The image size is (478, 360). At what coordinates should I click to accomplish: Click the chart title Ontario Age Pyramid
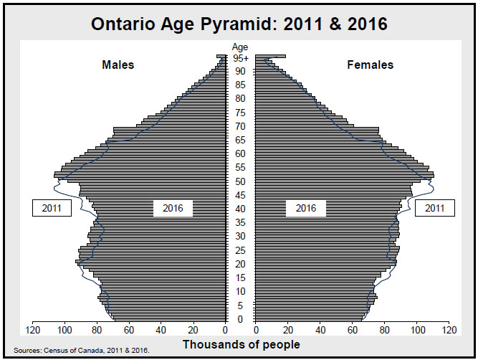239,24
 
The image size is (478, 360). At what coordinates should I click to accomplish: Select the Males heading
118,65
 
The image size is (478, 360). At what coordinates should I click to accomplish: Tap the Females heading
371,65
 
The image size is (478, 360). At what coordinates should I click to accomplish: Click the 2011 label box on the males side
52,209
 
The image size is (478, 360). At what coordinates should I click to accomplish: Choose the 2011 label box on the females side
435,209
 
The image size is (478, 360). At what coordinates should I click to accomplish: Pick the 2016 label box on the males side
173,209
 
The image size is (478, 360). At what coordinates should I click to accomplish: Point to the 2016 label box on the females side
306,209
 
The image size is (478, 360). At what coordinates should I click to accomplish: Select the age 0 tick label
240,319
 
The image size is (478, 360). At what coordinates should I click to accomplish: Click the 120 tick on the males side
33,331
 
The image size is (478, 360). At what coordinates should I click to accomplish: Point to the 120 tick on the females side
449,331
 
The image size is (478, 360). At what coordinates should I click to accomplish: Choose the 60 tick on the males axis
129,331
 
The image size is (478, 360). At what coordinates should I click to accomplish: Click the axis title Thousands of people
241,345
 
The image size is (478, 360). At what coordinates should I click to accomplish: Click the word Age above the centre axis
240,47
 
